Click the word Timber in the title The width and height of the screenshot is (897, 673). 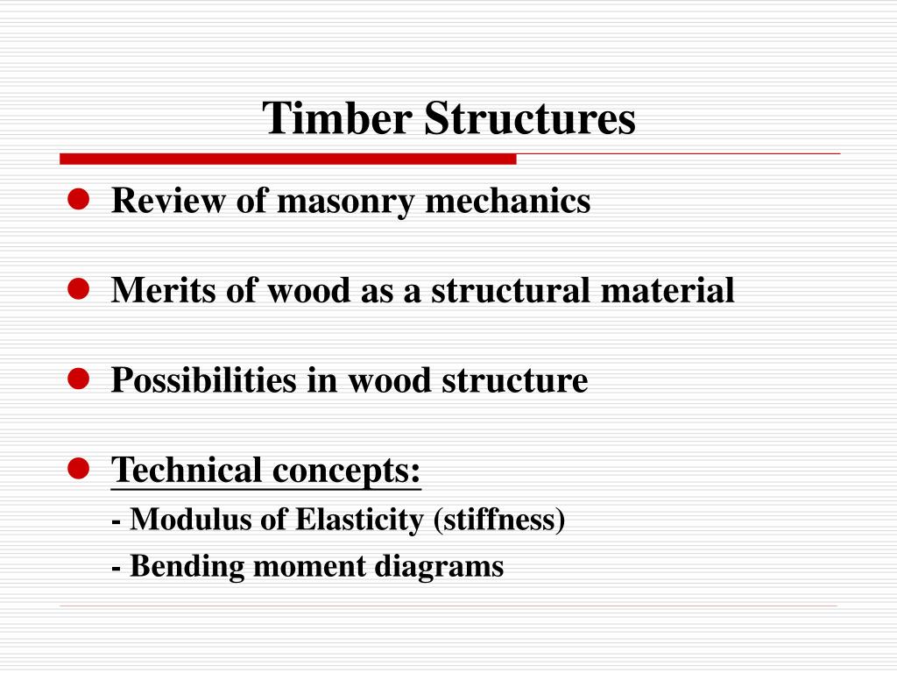pos(338,118)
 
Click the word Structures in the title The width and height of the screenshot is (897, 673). pos(530,118)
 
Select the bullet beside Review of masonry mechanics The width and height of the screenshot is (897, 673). pos(79,201)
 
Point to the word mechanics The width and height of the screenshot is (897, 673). pos(508,202)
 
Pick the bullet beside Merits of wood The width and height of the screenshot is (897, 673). pos(79,290)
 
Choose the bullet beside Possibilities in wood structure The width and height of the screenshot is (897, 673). pos(79,379)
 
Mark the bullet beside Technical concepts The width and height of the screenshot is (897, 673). pos(79,469)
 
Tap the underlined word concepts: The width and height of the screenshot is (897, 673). pos(346,472)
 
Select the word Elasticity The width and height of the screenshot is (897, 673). pos(360,521)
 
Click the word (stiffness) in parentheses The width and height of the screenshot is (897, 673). pos(499,521)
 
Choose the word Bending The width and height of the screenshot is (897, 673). pos(187,567)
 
